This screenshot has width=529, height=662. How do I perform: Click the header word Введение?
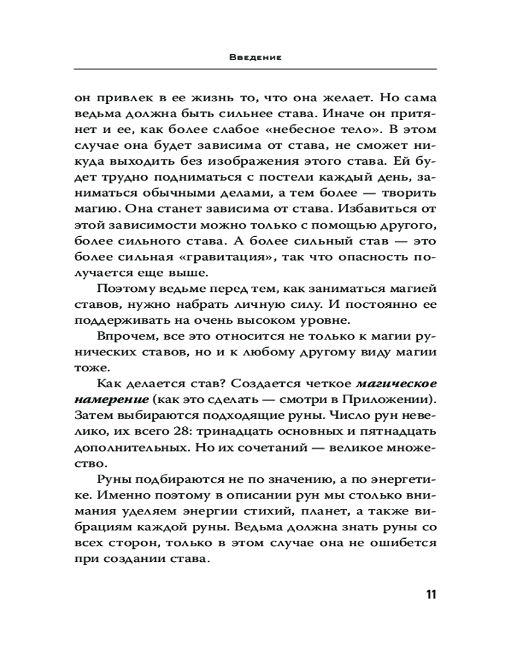(256, 58)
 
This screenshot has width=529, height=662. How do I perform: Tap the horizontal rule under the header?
(255, 69)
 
